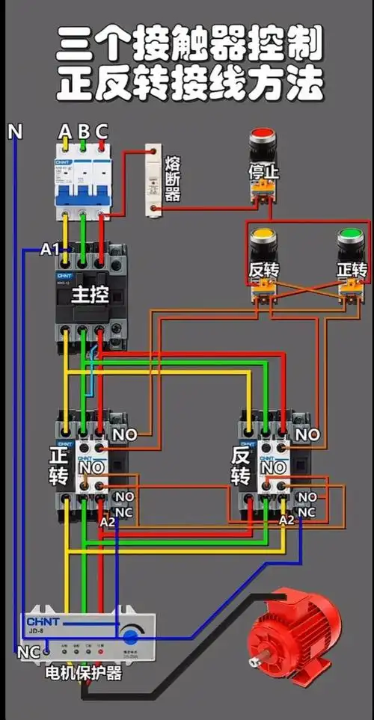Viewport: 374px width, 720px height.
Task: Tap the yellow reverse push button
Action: click(x=263, y=238)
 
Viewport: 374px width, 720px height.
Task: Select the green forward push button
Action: click(x=350, y=238)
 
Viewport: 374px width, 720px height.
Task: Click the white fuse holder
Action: click(x=154, y=179)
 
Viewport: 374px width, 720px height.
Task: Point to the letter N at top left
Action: click(x=15, y=132)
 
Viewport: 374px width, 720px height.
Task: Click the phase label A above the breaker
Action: click(x=65, y=132)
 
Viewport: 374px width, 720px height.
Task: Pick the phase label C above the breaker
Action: click(x=101, y=132)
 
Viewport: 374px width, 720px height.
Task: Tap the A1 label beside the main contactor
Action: click(x=49, y=250)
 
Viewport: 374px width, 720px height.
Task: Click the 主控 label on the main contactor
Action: click(x=90, y=295)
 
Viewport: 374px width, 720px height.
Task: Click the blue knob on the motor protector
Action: click(x=131, y=637)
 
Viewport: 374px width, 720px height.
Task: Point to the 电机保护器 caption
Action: click(x=82, y=674)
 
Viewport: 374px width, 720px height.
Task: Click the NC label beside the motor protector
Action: click(x=28, y=652)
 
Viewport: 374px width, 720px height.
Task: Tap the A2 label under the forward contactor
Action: click(x=108, y=522)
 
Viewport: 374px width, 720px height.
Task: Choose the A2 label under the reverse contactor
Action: click(x=286, y=520)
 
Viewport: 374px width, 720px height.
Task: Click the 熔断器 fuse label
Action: click(x=173, y=179)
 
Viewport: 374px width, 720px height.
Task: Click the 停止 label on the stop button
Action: click(x=263, y=172)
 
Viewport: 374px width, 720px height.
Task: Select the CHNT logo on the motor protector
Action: click(x=45, y=621)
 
